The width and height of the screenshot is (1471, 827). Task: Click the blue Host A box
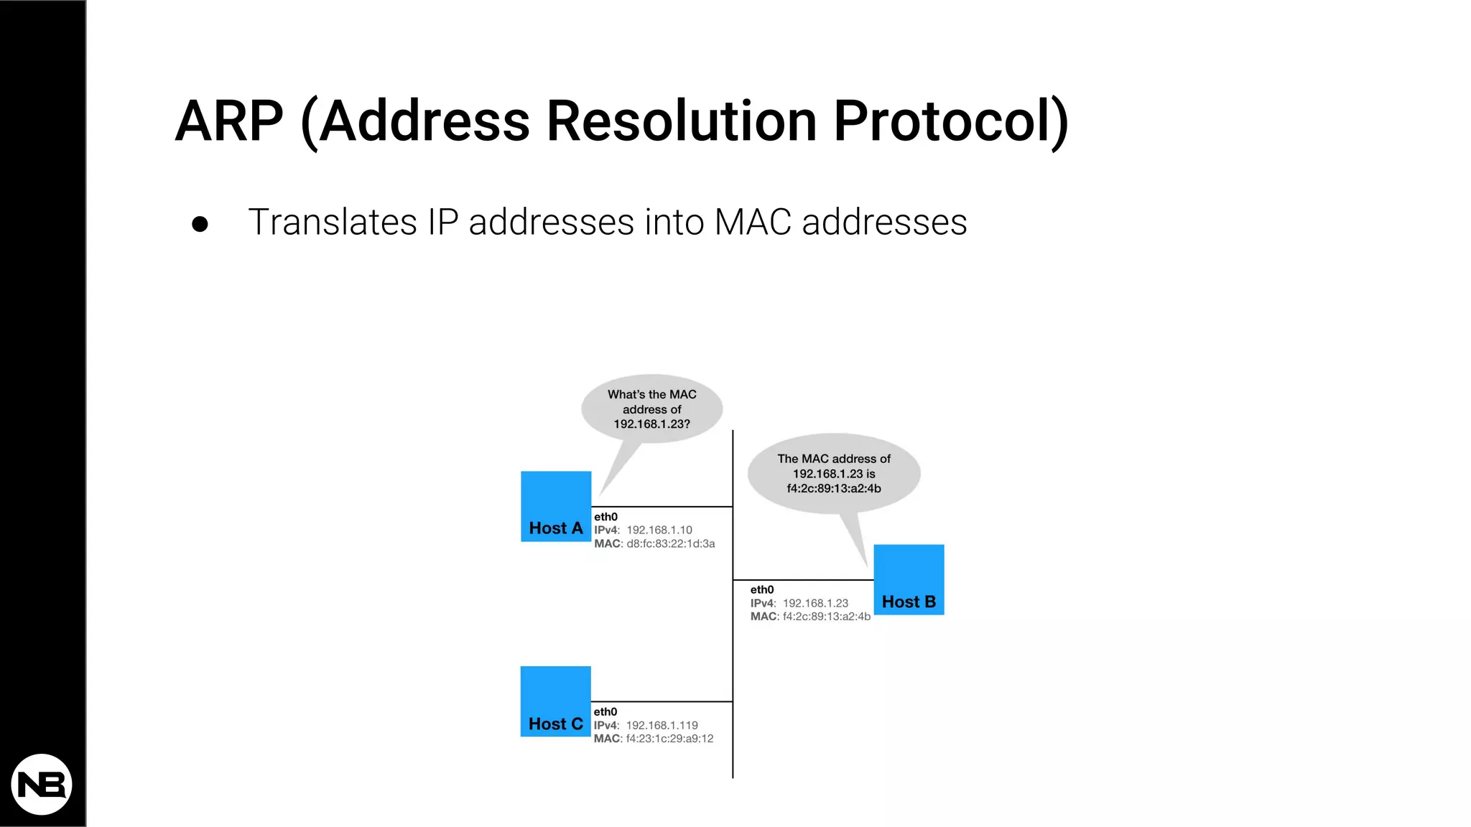click(555, 505)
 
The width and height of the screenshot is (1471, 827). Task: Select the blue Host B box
click(909, 579)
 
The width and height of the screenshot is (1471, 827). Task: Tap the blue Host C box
click(555, 701)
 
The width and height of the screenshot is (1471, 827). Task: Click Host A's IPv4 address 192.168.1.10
click(659, 530)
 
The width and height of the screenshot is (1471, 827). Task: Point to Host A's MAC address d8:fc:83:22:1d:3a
click(670, 543)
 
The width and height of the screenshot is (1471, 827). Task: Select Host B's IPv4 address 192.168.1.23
click(815, 603)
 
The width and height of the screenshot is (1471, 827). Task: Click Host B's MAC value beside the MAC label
click(826, 616)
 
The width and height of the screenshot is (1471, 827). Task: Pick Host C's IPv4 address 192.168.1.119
click(662, 725)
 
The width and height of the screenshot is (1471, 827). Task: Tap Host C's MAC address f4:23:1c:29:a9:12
click(669, 738)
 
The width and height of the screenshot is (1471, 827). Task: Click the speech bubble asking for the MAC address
click(651, 408)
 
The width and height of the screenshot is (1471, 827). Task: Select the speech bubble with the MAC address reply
click(833, 473)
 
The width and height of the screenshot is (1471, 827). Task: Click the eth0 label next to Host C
click(605, 711)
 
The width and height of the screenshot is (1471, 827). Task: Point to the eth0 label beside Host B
click(761, 589)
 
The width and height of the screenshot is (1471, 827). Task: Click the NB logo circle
click(42, 784)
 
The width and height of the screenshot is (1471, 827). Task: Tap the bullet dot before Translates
click(200, 224)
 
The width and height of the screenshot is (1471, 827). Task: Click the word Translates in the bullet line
click(332, 222)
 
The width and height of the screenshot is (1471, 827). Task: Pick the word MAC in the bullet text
click(753, 222)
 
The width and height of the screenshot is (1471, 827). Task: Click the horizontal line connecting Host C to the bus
click(661, 701)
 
